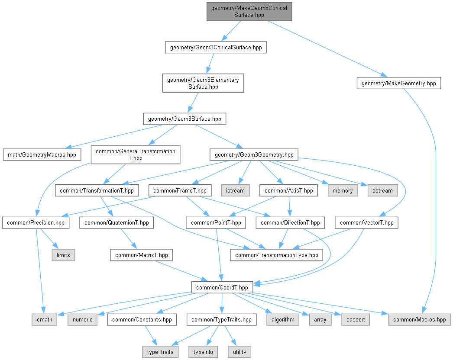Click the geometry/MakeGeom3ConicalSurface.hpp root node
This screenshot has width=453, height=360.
249,11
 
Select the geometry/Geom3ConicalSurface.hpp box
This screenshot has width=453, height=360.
215,47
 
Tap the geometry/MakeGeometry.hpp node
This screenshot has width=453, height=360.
398,83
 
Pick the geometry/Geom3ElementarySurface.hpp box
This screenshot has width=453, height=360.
203,83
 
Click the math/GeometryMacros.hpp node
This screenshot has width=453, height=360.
42,154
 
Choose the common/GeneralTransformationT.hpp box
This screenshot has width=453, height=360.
136,154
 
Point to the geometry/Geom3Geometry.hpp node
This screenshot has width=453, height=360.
254,154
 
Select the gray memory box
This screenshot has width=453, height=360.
343,190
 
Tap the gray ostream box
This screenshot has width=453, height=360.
382,190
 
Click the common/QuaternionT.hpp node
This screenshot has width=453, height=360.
117,223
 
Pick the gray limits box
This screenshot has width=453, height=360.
63,255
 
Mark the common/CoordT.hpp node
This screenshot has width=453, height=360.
222,287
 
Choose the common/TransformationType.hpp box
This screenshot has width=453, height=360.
276,255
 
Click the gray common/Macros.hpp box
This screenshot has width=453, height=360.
420,320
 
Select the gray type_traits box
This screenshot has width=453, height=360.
160,352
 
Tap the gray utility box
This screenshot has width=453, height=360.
239,352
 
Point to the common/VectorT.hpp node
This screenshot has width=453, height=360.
367,223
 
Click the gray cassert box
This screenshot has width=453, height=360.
356,320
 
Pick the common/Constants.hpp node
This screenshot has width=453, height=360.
142,320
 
